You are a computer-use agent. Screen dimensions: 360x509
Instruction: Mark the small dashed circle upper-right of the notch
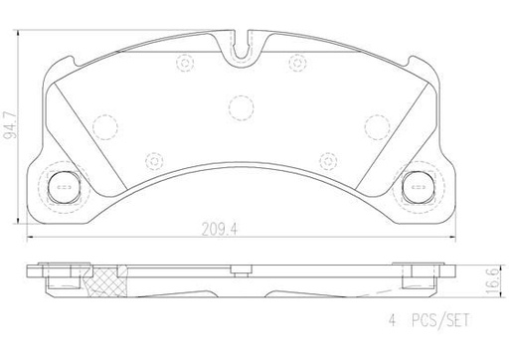tap(294, 62)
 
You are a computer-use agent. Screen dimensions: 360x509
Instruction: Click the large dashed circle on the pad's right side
tap(376, 126)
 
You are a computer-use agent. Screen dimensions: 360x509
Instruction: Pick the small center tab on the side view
tap(240, 268)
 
